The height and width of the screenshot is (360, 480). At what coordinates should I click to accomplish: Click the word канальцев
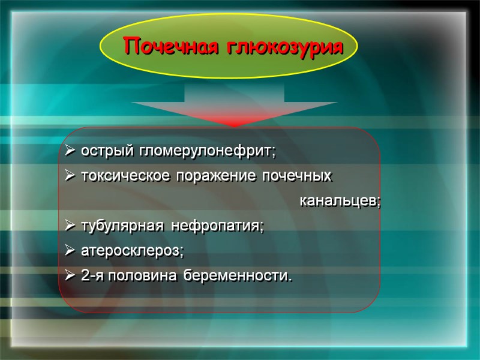(x=340, y=201)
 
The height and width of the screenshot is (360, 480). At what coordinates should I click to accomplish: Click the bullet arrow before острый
(x=68, y=152)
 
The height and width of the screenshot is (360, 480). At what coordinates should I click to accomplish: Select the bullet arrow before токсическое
(x=68, y=176)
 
